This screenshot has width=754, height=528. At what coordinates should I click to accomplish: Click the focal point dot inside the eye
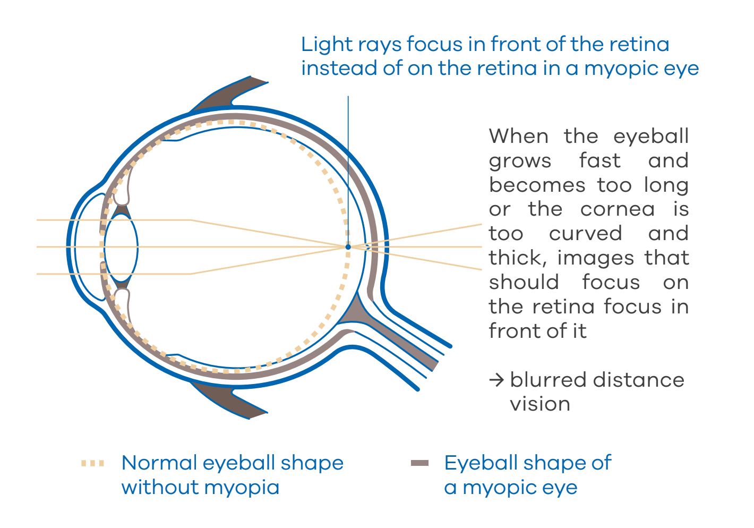click(x=348, y=247)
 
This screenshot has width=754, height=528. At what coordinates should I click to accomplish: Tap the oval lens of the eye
click(x=121, y=247)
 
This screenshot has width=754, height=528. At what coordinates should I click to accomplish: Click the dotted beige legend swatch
click(x=93, y=463)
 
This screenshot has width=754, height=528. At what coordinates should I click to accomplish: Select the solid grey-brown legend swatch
click(x=419, y=463)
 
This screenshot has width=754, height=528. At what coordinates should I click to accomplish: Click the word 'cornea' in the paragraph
click(x=618, y=209)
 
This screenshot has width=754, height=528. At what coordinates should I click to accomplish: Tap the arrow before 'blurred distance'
click(x=496, y=380)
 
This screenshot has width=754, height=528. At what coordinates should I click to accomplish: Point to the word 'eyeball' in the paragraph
click(x=651, y=137)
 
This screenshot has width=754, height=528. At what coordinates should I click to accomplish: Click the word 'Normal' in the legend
click(x=159, y=463)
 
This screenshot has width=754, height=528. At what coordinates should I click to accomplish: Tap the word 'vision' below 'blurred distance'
click(x=540, y=404)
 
